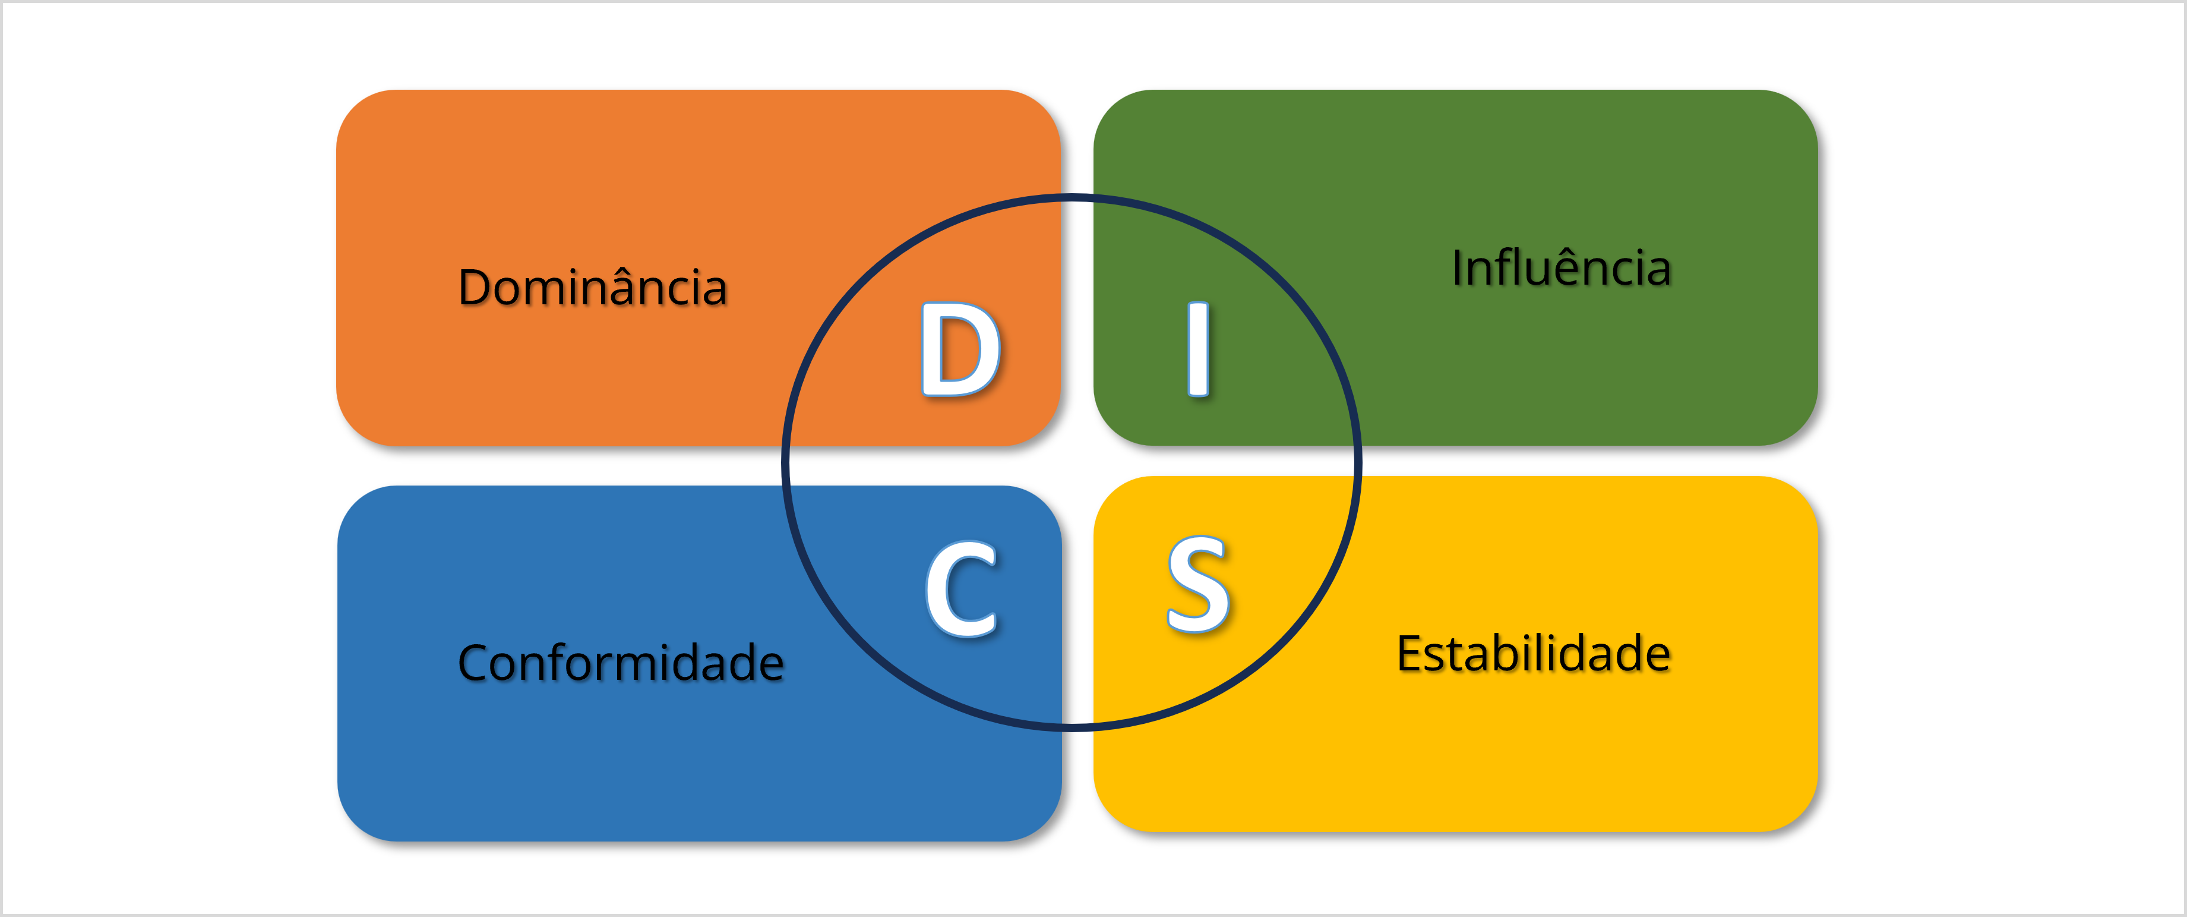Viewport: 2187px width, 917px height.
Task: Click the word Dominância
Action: (x=593, y=287)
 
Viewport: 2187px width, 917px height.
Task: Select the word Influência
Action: (x=1562, y=268)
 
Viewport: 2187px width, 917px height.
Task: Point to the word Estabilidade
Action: (x=1533, y=654)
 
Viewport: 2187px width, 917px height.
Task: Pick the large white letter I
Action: (x=1198, y=349)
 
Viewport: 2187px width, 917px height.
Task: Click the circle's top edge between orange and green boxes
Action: (x=1076, y=198)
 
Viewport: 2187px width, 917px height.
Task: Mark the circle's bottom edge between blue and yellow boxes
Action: (x=1076, y=727)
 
